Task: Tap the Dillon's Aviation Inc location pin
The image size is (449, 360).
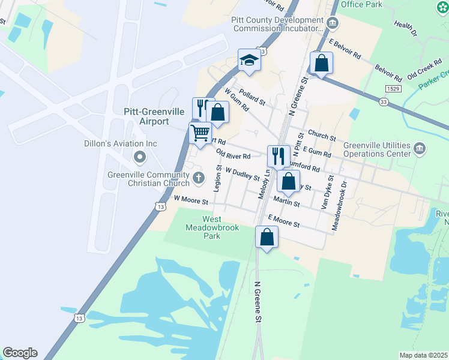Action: [x=140, y=158]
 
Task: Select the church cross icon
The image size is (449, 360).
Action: [x=199, y=178]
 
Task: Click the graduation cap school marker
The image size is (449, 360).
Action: [x=249, y=61]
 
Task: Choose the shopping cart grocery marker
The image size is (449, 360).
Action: [x=200, y=133]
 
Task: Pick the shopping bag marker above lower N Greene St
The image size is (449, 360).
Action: [x=267, y=236]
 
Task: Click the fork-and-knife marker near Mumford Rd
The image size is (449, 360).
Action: [x=279, y=157]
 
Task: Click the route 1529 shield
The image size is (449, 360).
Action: [x=394, y=88]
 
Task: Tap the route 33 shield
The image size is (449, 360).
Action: [x=383, y=102]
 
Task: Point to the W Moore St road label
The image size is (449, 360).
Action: [x=190, y=199]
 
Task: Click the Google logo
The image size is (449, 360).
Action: [x=20, y=353]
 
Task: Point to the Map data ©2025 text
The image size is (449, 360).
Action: [x=423, y=355]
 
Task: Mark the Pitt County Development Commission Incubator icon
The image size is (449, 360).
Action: [x=334, y=23]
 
